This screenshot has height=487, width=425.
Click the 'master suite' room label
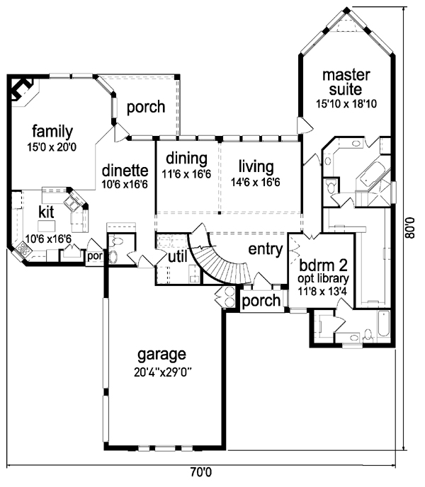click(x=346, y=83)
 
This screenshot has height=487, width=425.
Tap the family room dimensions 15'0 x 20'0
click(x=52, y=147)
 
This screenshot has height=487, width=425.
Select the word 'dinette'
click(x=125, y=171)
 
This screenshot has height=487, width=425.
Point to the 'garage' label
click(x=161, y=355)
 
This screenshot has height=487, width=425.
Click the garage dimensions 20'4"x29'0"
click(x=162, y=372)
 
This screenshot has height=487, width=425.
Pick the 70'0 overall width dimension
click(x=201, y=472)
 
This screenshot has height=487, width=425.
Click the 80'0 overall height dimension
click(x=410, y=228)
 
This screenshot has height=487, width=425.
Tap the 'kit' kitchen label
click(x=46, y=212)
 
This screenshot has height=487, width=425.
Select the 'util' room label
click(x=178, y=257)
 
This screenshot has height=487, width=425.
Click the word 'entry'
click(x=266, y=249)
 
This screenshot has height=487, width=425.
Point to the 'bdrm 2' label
click(x=323, y=265)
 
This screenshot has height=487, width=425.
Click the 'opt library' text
click(x=323, y=279)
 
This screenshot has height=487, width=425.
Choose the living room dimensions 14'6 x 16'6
click(x=255, y=182)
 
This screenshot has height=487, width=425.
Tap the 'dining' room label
click(x=186, y=159)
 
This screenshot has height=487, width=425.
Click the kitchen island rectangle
click(x=46, y=226)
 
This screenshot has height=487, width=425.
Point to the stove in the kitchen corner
click(x=23, y=249)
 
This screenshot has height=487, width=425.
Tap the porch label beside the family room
click(x=146, y=108)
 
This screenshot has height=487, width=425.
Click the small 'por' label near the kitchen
click(x=95, y=257)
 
